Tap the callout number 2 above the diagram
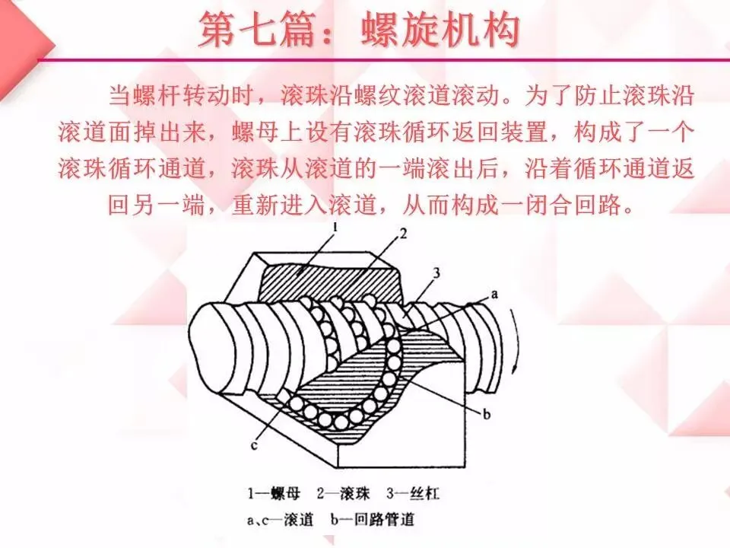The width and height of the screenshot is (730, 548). pos(404,234)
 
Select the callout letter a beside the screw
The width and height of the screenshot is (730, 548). pos(495,293)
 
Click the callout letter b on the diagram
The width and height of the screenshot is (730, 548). pos(487,413)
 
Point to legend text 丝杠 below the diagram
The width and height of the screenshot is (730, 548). pos(424,495)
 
